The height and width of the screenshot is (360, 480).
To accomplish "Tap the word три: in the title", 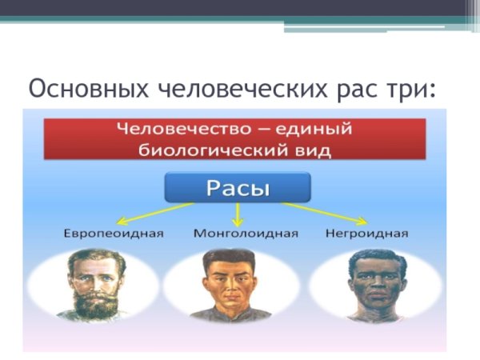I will coord(411,87).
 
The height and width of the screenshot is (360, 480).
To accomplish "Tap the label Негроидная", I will coord(367,234).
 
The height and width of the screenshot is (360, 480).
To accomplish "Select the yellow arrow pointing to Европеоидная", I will coord(156,212).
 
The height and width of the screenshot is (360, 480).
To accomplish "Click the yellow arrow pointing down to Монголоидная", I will coord(238,212).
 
